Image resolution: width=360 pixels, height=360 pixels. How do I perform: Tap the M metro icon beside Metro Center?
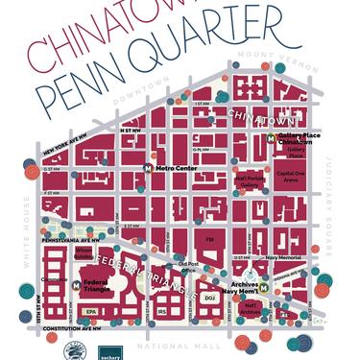pyautogui.click(x=148, y=168)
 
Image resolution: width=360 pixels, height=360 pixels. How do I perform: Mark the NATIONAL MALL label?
pyautogui.click(x=180, y=345)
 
